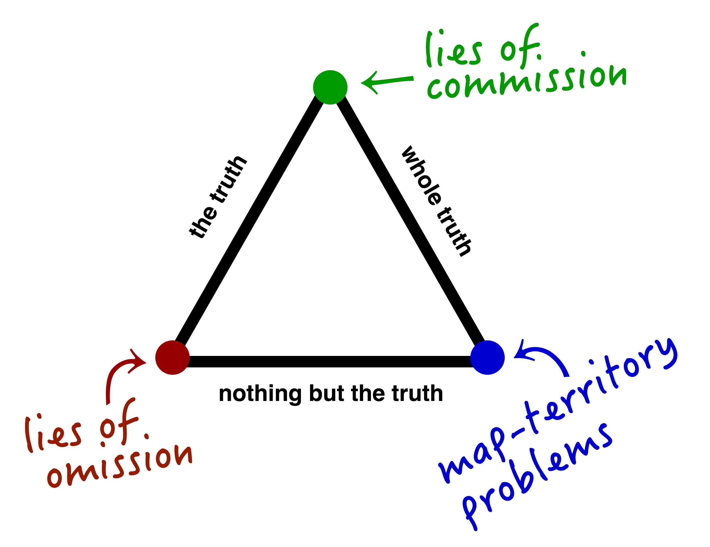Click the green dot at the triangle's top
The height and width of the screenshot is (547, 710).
click(x=330, y=87)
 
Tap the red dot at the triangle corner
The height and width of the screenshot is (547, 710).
click(x=172, y=358)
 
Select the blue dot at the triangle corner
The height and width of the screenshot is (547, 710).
click(x=487, y=358)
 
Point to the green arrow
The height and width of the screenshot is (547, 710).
click(x=387, y=82)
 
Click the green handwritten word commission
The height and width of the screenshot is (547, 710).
click(x=527, y=81)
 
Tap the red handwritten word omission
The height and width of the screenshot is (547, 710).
click(x=120, y=465)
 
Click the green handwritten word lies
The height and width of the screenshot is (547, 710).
click(x=453, y=52)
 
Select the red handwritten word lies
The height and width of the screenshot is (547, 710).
click(x=54, y=434)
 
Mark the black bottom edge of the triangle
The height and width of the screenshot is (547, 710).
click(x=330, y=361)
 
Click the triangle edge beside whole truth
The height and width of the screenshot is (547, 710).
click(x=410, y=224)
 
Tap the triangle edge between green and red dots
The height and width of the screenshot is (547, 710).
click(x=250, y=224)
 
